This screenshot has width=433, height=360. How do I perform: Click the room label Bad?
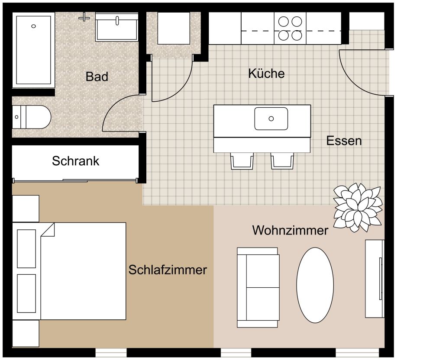tap(97, 77)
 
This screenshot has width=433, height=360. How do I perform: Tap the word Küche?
tap(266, 73)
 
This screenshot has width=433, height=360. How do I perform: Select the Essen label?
tap(344, 141)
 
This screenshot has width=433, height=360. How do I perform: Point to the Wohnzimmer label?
tap(290, 230)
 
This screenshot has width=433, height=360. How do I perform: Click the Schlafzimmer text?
tap(168, 270)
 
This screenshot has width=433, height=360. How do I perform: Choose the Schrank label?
tap(75, 161)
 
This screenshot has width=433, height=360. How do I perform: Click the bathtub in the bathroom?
tap(34, 50)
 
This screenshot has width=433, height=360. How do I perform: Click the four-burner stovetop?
tap(290, 28)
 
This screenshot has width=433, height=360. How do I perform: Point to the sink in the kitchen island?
tap(271, 119)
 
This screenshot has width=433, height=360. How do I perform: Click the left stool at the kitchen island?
tap(242, 161)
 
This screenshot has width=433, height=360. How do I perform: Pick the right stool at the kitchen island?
tap(282, 161)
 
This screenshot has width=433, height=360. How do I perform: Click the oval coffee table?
tap(315, 285)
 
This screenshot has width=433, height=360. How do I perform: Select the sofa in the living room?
tap(258, 287)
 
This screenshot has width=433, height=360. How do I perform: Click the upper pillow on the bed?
tap(26, 248)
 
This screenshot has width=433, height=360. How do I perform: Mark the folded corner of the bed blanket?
tap(48, 230)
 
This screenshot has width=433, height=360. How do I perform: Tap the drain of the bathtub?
tap(34, 26)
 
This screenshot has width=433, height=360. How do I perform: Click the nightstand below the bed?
tap(26, 333)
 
